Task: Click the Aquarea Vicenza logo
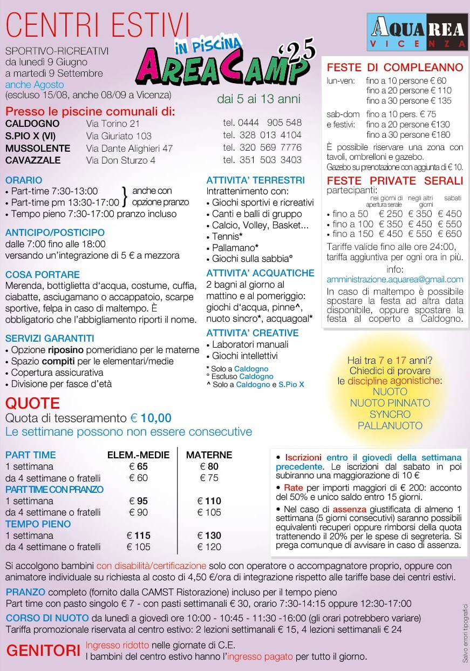417,32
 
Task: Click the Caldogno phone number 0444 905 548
262,123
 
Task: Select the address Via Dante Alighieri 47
130,148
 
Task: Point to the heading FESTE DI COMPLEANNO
395,67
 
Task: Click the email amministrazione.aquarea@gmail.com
395,279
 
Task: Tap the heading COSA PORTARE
43,274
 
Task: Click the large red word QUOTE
32,403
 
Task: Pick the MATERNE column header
209,455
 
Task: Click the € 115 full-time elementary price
139,536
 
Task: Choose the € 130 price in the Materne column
209,536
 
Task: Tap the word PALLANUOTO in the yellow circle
390,425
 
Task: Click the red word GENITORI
43,650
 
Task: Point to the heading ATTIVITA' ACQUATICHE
260,273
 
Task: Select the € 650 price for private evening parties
450,234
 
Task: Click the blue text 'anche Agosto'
35,85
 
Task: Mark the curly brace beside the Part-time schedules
125,196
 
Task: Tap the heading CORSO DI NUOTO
47,618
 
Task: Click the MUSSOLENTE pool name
38,148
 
